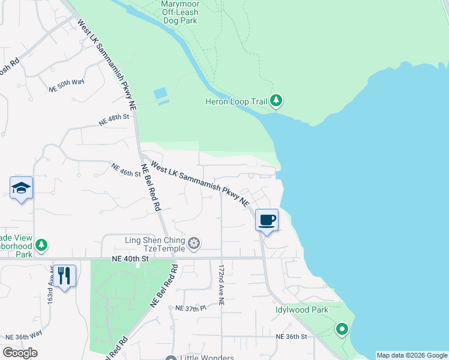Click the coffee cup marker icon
coord(267,220)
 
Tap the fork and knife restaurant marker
coord(64,275)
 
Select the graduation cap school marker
coord(21,188)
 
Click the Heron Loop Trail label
coord(243,101)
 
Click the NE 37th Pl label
coord(190,308)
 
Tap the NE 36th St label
coord(291,337)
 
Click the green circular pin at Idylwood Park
coord(342,329)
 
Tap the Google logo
coord(20,353)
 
